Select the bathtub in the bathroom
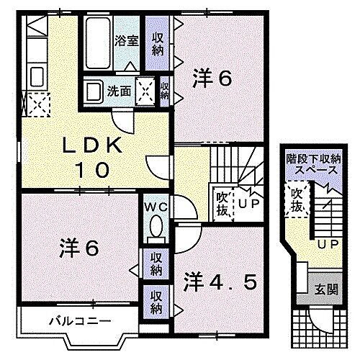point(97,42)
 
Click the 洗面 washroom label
point(120,91)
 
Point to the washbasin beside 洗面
point(94,91)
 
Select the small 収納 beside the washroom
point(165,91)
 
